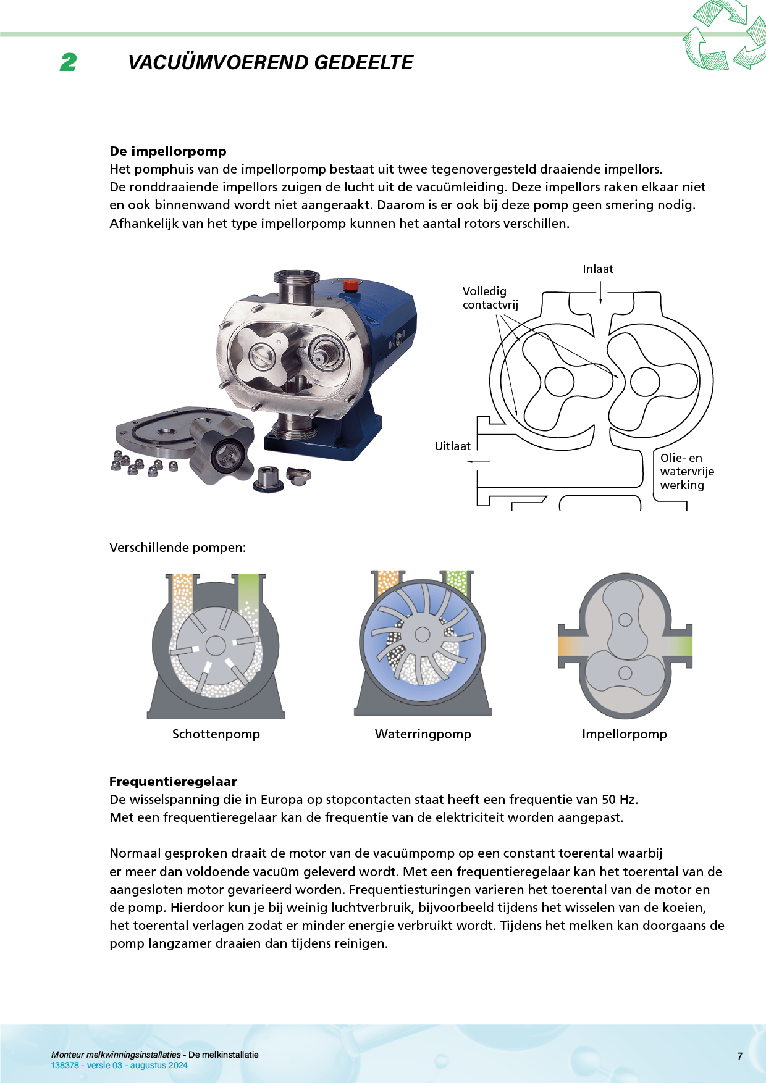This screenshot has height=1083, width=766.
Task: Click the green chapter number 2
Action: coord(69,62)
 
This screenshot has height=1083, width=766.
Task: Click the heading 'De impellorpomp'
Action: coord(168,151)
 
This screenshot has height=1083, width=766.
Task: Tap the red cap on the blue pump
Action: coord(350,285)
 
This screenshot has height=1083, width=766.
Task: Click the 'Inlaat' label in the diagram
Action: coord(597,269)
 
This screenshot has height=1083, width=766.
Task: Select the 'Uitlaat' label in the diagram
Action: coord(452,446)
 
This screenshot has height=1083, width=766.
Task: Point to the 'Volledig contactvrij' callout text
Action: coord(490,298)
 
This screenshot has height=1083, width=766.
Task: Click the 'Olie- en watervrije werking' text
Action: coord(686,472)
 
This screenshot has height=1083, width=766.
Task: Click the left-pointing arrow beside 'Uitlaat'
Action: coord(479,461)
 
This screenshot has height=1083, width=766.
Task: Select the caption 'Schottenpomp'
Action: coord(216,734)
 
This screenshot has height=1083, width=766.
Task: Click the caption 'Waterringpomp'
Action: coord(423,734)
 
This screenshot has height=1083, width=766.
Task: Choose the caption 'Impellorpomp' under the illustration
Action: coord(624,734)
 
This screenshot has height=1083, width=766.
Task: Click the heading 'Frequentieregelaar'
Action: coord(173,782)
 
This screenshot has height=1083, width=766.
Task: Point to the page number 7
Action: coord(739,1056)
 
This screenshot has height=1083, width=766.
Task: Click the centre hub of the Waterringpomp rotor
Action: coord(423,634)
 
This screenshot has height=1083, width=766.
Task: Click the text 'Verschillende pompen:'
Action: coord(177,548)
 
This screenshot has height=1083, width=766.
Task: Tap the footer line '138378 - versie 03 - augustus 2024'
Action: coord(119,1065)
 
